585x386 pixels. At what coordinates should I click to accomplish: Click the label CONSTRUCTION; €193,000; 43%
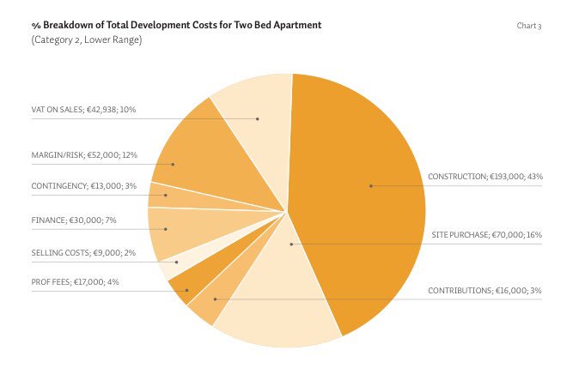pos(484,177)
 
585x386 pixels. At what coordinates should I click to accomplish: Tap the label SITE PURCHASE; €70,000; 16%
pos(485,234)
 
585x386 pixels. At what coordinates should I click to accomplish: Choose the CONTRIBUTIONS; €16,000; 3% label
pos(484,291)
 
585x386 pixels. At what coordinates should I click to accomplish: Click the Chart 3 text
pos(528,26)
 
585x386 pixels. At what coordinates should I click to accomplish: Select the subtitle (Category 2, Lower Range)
pos(87,40)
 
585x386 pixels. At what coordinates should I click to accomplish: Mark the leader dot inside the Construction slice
pos(371,185)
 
